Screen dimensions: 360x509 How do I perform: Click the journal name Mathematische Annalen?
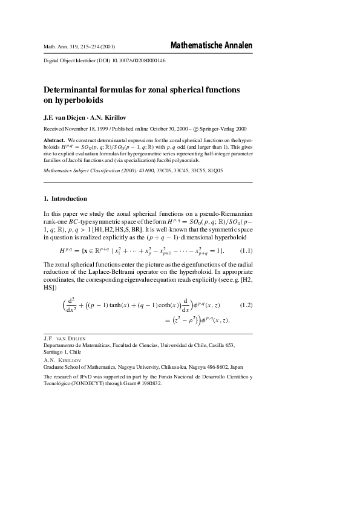pos(211,45)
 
